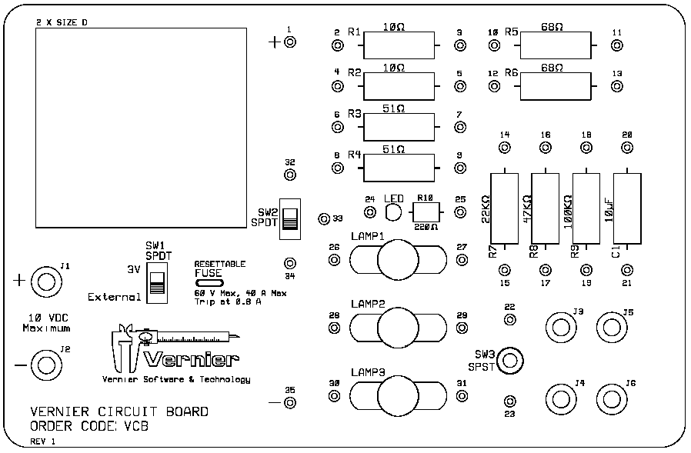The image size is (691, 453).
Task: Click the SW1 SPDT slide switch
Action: pyautogui.click(x=157, y=282)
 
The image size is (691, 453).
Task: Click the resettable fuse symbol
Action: pyautogui.click(x=209, y=284)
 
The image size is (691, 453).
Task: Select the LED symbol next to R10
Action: pyautogui.click(x=392, y=212)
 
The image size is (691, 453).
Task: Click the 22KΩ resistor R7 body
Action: pyautogui.click(x=505, y=208)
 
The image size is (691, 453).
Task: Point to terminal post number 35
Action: pyautogui.click(x=289, y=402)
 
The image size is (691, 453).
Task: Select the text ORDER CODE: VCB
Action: pyautogui.click(x=89, y=426)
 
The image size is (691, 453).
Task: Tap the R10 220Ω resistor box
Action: pyautogui.click(x=425, y=212)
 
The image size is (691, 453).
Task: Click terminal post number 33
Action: pyautogui.click(x=324, y=219)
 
